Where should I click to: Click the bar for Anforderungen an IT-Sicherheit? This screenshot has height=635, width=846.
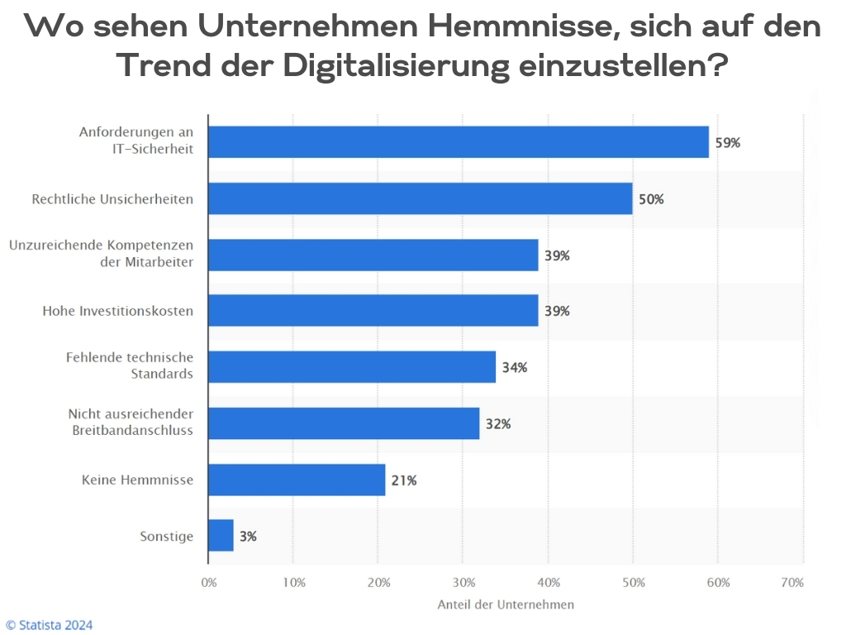[459, 142]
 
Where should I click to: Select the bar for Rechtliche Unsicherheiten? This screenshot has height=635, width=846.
[420, 198]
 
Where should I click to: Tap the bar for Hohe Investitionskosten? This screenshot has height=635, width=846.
[373, 311]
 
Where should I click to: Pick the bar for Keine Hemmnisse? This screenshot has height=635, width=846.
[297, 480]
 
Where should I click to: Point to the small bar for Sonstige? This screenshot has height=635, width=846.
[221, 536]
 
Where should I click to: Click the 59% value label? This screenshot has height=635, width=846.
[728, 143]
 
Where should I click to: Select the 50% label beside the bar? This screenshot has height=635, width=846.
[651, 199]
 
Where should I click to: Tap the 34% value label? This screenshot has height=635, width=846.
[514, 367]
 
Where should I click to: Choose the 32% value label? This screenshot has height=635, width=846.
[498, 424]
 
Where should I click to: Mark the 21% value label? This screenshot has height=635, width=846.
[404, 480]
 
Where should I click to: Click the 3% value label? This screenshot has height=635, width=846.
[248, 537]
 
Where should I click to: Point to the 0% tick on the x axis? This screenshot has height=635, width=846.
[209, 583]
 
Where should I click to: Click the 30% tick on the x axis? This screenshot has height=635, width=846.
[463, 583]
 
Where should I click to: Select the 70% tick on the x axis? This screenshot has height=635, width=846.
[792, 583]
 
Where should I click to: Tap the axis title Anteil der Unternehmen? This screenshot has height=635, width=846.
[506, 604]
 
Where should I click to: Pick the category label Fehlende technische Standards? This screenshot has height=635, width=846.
[130, 365]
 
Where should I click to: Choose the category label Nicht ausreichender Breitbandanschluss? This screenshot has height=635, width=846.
[131, 422]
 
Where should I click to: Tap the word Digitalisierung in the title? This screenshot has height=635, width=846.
[396, 66]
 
